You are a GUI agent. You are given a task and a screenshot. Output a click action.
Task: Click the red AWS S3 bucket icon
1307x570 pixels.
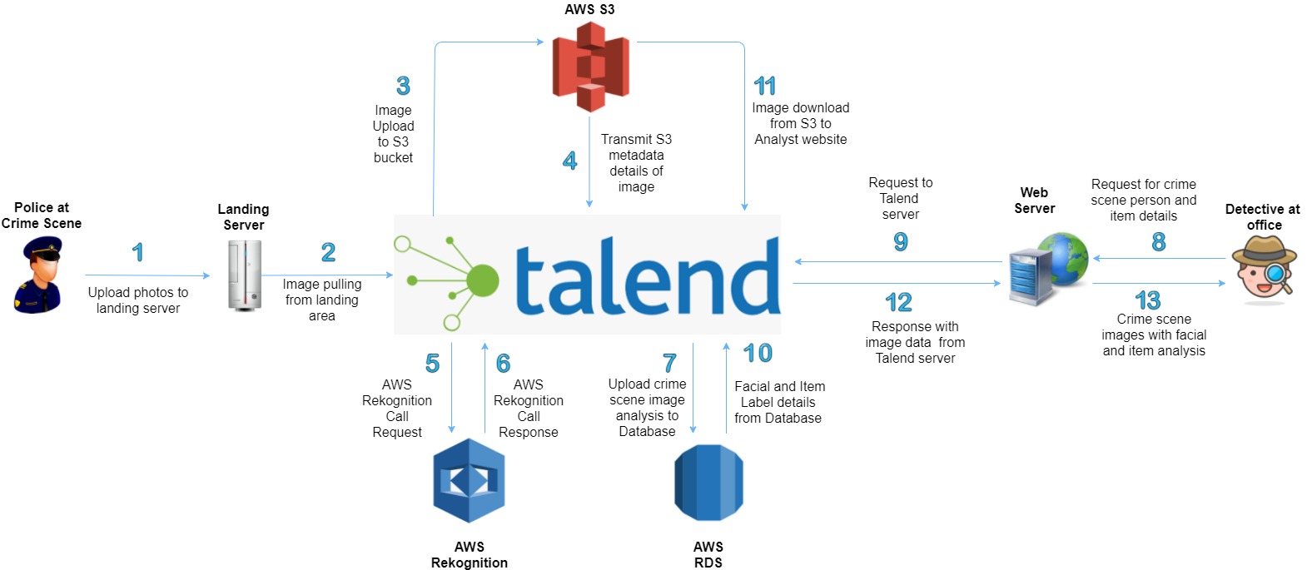coord(590,67)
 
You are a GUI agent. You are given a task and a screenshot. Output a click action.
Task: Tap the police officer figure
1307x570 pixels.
coord(39,275)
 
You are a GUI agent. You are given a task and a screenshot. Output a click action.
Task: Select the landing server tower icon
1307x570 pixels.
coord(245,275)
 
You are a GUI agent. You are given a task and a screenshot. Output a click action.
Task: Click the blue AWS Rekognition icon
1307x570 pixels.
coord(469,481)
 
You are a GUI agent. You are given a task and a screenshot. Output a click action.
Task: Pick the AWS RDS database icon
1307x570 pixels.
coord(708,483)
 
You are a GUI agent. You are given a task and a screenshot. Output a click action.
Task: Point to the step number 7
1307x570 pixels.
coord(669,363)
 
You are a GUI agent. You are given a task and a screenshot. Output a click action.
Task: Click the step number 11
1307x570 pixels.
coord(764,86)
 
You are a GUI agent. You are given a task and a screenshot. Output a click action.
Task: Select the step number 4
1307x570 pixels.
coord(569,161)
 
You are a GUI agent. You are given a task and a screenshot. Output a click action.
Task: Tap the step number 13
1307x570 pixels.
coord(1147,300)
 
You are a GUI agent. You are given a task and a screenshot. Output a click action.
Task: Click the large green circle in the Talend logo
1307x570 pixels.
coord(483,281)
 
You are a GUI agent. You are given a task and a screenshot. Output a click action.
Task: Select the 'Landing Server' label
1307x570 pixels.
coord(243,217)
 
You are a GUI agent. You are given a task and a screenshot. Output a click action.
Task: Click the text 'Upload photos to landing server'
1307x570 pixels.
coord(138,300)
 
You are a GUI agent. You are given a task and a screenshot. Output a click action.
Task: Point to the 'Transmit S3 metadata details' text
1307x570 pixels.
coord(636,163)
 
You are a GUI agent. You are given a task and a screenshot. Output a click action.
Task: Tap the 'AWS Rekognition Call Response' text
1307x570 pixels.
coord(529,409)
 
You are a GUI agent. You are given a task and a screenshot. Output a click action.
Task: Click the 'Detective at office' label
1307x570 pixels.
coord(1262,217)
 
